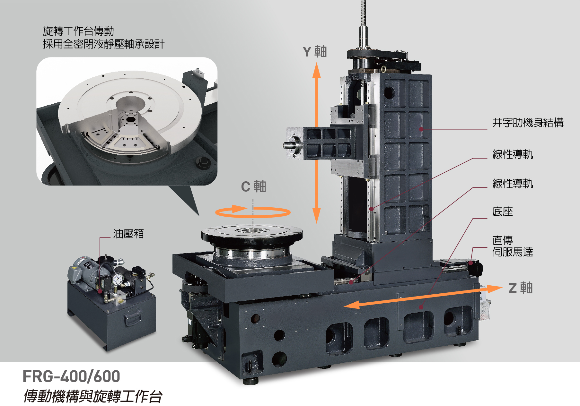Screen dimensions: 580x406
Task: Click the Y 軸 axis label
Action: click(x=315, y=51)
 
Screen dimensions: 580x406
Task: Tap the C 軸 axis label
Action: click(x=254, y=186)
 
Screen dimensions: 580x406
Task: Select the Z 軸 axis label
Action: click(x=521, y=288)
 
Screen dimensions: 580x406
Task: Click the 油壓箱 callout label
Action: click(x=128, y=234)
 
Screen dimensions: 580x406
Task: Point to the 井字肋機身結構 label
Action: click(x=528, y=123)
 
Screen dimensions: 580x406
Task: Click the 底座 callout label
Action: click(x=503, y=212)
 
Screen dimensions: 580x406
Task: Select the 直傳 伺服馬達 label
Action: click(x=513, y=246)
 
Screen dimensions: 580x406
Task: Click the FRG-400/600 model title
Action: click(x=71, y=376)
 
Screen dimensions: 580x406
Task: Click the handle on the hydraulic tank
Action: click(x=133, y=318)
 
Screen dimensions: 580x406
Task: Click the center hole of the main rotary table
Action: click(x=252, y=230)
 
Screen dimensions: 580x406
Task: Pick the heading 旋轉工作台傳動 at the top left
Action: click(x=78, y=31)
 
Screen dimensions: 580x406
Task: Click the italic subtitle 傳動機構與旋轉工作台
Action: click(x=93, y=396)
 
